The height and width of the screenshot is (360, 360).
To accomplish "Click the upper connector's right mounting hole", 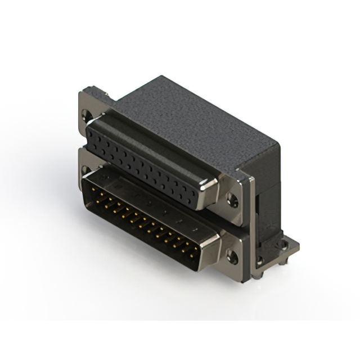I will pos(232,198).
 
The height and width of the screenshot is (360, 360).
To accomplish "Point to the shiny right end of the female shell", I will pos(211,191).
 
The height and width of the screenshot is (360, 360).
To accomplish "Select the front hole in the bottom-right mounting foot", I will pos(260,260).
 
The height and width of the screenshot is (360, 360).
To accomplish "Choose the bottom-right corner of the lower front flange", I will pos(243,281).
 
